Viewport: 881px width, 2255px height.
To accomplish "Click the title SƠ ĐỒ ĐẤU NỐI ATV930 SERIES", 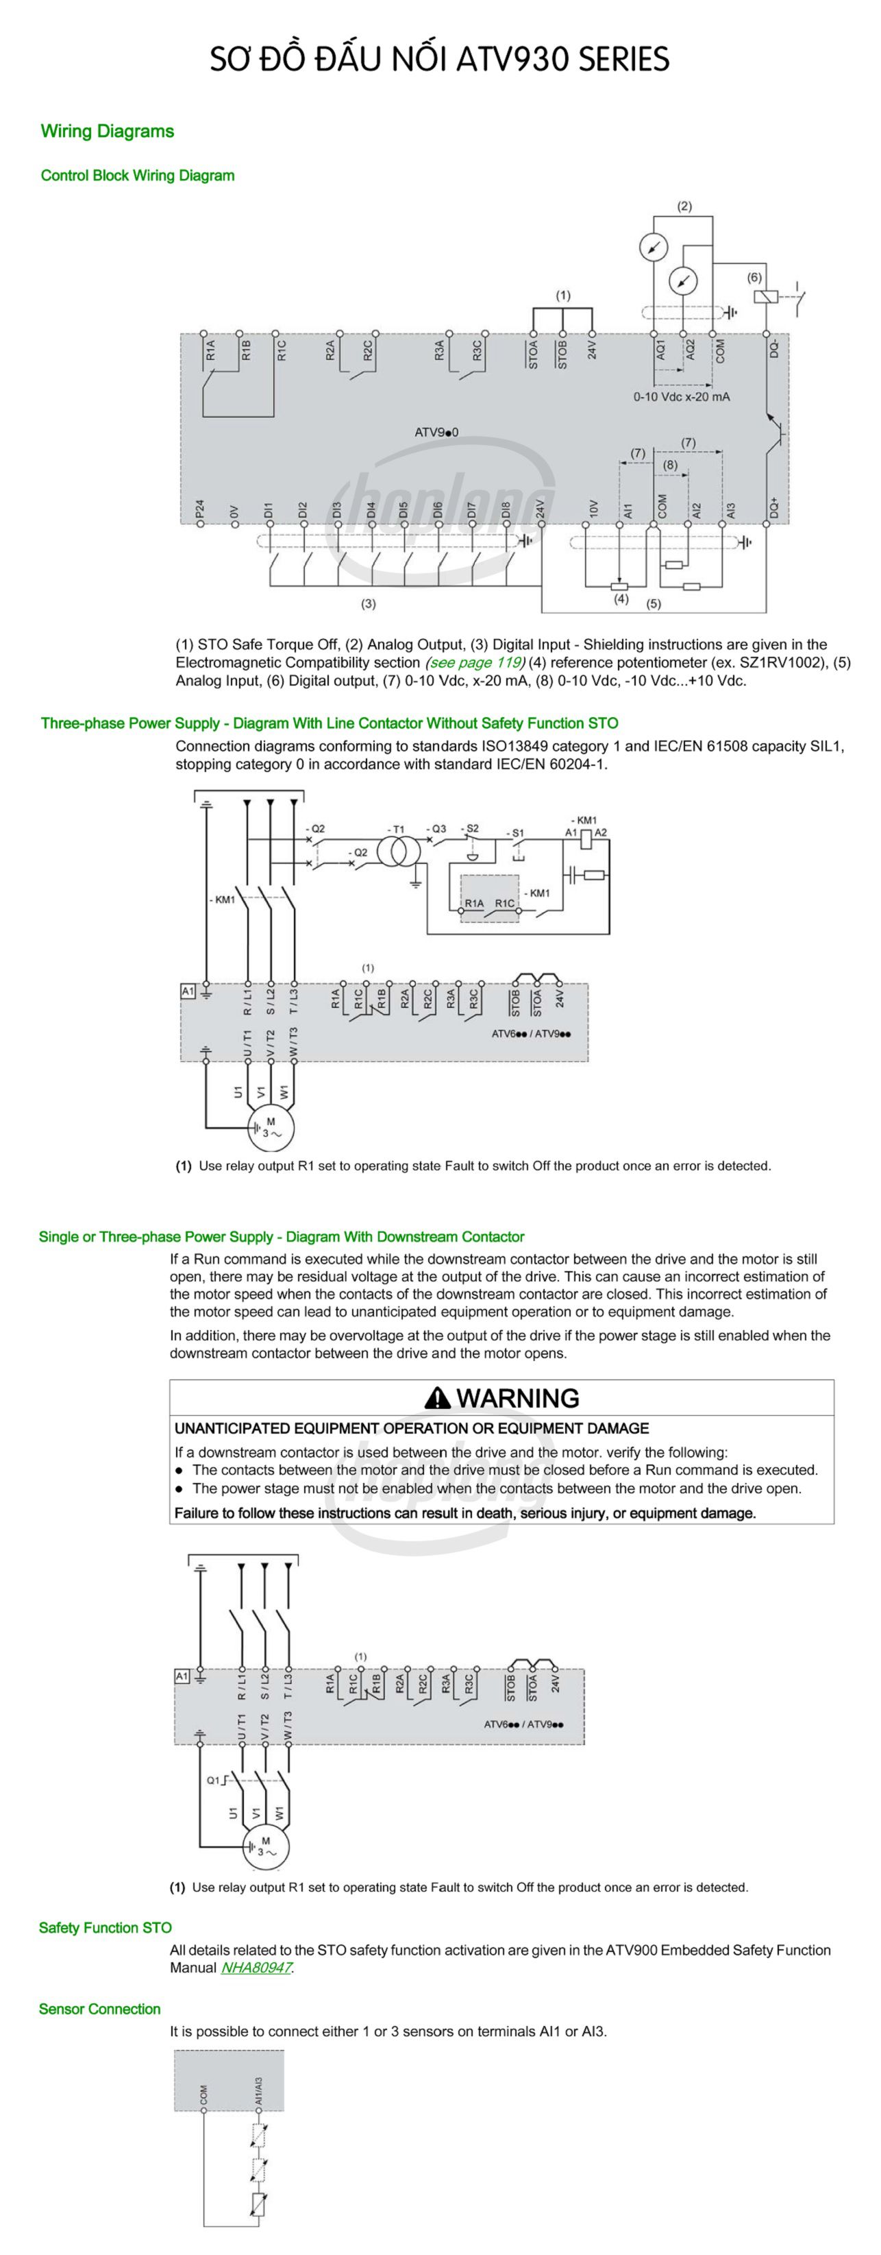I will click(439, 59).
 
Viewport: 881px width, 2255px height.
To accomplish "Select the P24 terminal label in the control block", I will click(200, 509).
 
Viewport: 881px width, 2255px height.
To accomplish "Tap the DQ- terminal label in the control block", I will click(774, 349).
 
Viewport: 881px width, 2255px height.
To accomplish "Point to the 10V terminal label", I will click(593, 509).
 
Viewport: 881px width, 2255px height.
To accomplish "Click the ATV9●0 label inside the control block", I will click(436, 431).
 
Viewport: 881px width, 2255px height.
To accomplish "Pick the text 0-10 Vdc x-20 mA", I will click(682, 396).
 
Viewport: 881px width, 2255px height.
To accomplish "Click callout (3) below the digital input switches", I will click(369, 603).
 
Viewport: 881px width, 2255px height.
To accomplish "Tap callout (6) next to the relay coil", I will click(754, 278).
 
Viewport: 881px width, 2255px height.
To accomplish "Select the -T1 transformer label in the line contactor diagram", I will click(395, 829).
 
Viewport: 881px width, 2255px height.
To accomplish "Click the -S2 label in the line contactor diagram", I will click(470, 828).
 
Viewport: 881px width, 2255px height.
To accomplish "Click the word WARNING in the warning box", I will click(517, 1398).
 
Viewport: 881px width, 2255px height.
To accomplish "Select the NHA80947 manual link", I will click(256, 1968).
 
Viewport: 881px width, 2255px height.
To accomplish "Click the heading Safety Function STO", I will click(105, 1927).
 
